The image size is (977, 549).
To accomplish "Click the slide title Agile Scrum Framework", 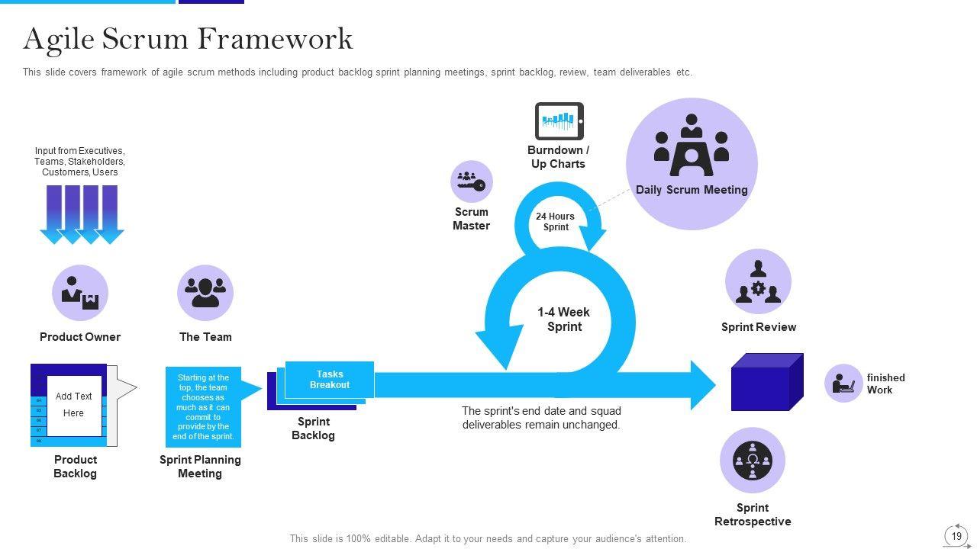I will tap(188, 39).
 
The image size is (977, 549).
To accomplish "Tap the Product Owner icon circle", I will tap(80, 293).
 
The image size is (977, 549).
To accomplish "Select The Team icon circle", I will tap(205, 293).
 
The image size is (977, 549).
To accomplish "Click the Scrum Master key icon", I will tap(471, 181).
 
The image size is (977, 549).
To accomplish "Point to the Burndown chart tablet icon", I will tap(559, 121).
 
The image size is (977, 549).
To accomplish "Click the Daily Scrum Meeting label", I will tap(692, 190).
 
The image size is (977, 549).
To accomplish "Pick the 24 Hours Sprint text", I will tap(555, 222).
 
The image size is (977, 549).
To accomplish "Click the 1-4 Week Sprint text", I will tap(563, 319).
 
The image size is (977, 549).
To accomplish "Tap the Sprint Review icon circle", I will tap(758, 282).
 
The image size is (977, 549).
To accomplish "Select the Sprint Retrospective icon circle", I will tap(753, 461).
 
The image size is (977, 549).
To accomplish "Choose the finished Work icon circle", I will tap(843, 383).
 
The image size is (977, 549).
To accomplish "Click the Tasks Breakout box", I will tap(330, 380).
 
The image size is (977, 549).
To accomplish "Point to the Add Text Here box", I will tap(74, 405).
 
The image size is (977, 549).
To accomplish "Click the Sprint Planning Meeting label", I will tap(200, 467).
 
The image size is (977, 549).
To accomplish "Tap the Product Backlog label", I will tap(75, 467).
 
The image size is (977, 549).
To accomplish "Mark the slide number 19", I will tap(956, 536).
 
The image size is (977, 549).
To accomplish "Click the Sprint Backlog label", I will tap(313, 429).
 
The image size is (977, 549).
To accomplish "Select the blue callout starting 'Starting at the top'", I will tap(203, 407).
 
